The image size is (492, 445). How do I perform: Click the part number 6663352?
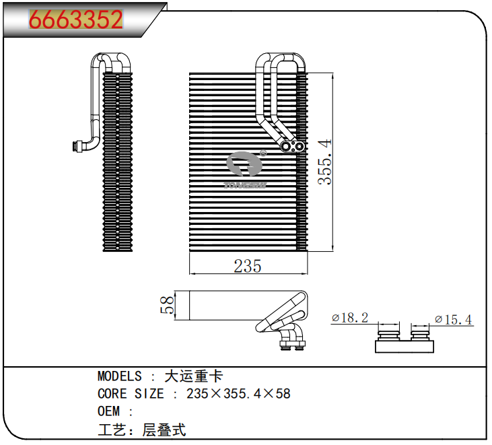coord(75,20)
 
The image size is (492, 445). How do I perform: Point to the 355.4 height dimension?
coord(325,162)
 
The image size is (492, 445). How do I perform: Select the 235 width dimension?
coord(247,266)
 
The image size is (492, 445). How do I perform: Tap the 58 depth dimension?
coord(167,304)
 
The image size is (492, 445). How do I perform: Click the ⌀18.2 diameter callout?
coord(350,318)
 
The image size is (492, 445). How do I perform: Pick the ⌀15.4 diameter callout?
coord(454,318)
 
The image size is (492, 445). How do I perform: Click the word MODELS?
coord(120,376)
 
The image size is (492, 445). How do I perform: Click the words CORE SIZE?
coord(131,394)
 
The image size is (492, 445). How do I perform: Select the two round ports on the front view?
coord(293,145)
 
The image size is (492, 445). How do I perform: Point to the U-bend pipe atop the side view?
coord(111,61)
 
